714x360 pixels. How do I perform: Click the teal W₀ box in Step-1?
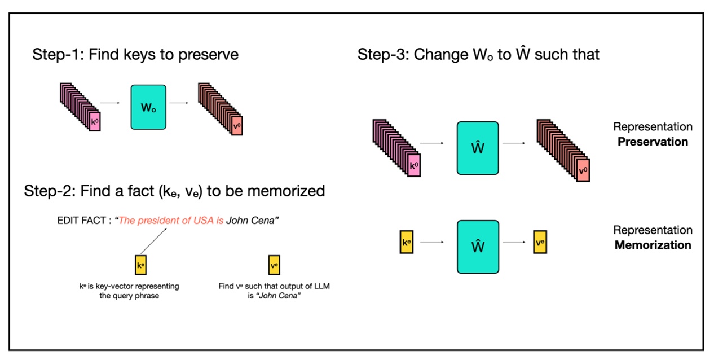pyautogui.click(x=148, y=107)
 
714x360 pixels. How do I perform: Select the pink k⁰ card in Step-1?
pyautogui.click(x=95, y=121)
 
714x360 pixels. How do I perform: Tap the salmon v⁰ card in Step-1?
pyautogui.click(x=237, y=125)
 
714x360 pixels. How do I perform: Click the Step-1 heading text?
pyautogui.click(x=135, y=55)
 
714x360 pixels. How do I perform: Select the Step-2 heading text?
pyautogui.click(x=174, y=191)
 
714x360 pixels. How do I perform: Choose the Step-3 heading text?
pyautogui.click(x=478, y=55)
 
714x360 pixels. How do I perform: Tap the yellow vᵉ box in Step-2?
pyautogui.click(x=274, y=265)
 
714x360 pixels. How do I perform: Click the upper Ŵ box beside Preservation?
pyautogui.click(x=478, y=148)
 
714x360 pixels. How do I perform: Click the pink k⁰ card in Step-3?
pyautogui.click(x=413, y=165)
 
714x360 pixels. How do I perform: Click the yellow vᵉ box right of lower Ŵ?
pyautogui.click(x=540, y=243)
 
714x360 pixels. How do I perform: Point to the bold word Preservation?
pyautogui.click(x=653, y=142)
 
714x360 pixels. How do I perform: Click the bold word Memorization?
pyautogui.click(x=653, y=245)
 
